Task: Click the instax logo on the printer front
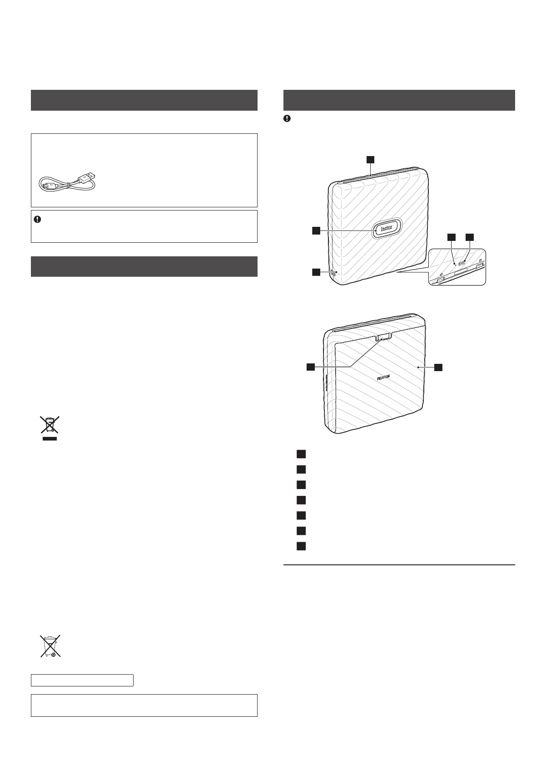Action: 387,229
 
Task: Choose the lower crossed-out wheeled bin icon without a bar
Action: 50,646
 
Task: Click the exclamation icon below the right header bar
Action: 287,118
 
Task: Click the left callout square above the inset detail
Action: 451,237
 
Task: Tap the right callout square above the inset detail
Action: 470,237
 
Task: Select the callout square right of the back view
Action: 438,367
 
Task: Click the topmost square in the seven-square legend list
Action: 301,454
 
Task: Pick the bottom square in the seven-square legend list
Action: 301,546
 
